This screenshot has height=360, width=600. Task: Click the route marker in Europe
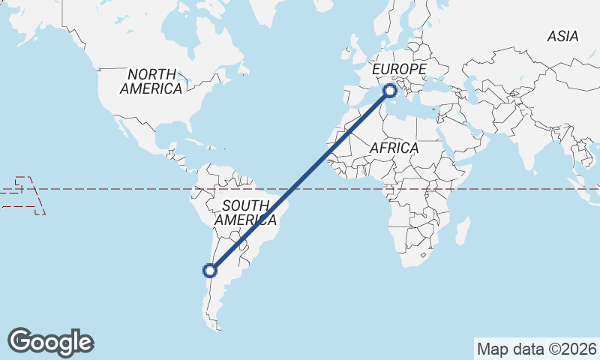(390, 91)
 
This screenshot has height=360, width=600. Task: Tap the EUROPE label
(399, 70)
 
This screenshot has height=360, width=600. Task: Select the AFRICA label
(394, 148)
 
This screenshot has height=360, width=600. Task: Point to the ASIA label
(562, 36)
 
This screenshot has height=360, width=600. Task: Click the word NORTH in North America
(151, 74)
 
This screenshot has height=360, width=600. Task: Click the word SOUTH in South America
(245, 205)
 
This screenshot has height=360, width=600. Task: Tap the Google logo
(51, 341)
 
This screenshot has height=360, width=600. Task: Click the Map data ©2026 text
(537, 349)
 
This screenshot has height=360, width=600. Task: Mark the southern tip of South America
(218, 327)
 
